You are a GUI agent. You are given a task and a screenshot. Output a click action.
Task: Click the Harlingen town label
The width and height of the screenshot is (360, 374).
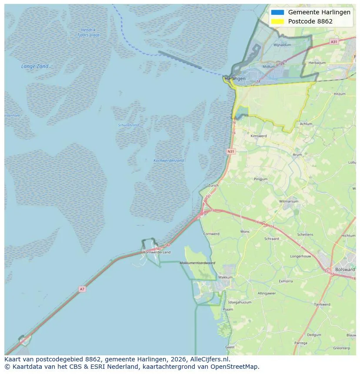(236, 79)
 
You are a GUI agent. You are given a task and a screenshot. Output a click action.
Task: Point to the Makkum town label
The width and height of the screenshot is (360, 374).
(225, 277)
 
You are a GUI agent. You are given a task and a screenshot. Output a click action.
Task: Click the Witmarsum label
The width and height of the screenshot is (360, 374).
(288, 202)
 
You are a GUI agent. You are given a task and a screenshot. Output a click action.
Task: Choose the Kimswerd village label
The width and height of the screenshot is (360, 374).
(258, 136)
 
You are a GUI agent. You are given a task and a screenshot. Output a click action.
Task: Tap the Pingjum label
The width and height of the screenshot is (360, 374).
(261, 179)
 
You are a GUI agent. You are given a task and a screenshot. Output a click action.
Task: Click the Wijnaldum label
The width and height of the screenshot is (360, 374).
(282, 45)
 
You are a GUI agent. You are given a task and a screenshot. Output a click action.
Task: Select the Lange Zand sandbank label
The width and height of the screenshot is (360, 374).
(35, 66)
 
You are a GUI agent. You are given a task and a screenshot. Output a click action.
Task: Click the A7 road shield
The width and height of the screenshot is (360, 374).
(82, 289)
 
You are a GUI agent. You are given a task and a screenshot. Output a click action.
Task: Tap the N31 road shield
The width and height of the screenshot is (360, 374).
(231, 152)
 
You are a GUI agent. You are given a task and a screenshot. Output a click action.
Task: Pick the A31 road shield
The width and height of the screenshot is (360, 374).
(333, 42)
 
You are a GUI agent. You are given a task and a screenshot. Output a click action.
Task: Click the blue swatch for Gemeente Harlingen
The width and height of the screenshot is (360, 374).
(277, 12)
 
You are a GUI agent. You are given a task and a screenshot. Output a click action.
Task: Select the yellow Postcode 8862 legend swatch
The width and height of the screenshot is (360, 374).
(277, 21)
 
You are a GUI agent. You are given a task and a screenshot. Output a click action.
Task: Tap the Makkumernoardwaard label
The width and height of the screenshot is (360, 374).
(197, 263)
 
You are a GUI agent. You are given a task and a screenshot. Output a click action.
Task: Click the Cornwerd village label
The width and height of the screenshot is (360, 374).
(211, 234)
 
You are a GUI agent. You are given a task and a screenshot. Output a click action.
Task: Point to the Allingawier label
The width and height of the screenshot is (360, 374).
(267, 294)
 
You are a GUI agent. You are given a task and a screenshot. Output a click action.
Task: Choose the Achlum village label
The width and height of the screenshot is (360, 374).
(306, 124)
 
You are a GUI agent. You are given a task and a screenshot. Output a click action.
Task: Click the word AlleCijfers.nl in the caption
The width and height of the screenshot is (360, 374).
(210, 360)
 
